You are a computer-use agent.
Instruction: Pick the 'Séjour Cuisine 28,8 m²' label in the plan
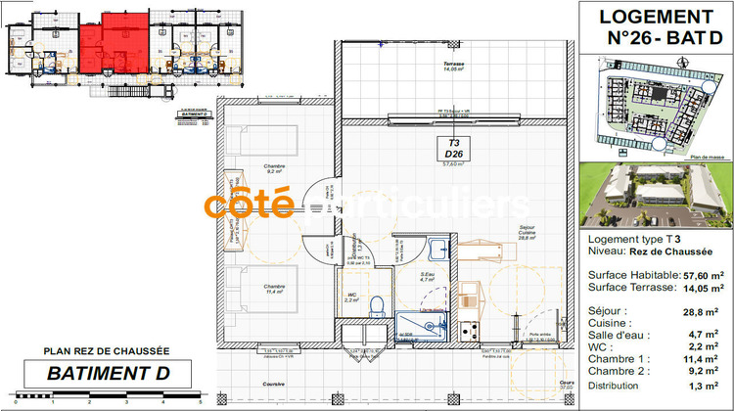[528, 232]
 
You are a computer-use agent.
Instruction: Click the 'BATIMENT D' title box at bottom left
[109, 373]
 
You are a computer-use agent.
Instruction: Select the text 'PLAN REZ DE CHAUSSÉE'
[107, 350]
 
